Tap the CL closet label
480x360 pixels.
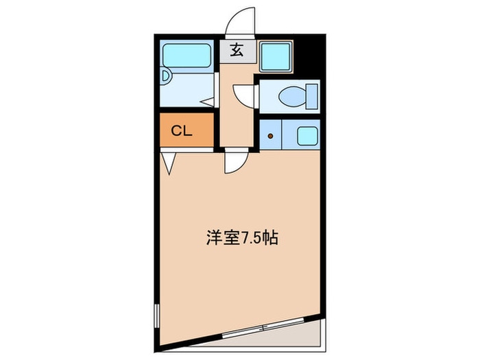pos(182,130)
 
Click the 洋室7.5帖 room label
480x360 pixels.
pos(241,239)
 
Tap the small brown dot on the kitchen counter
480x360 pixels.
pos(270,135)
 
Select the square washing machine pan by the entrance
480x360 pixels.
pos(277,55)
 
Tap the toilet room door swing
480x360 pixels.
pos(243,93)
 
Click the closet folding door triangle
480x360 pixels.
pos(169,162)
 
